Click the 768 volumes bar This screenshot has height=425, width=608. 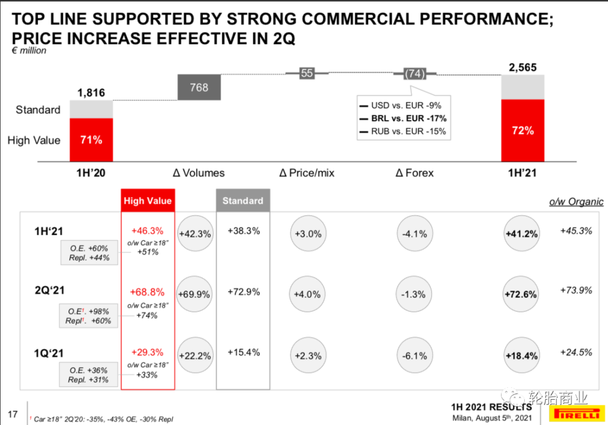pyautogui.click(x=199, y=88)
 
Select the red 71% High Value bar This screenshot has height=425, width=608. pyautogui.click(x=91, y=140)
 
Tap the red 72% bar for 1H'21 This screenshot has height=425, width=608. pyautogui.click(x=522, y=131)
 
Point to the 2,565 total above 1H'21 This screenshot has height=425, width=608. pyautogui.click(x=522, y=68)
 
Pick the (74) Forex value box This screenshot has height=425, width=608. pyautogui.click(x=415, y=74)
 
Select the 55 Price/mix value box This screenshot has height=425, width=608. pyautogui.click(x=307, y=73)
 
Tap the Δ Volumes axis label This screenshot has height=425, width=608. pyautogui.click(x=199, y=173)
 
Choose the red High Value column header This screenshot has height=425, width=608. pyautogui.click(x=147, y=201)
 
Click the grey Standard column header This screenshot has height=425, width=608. pyautogui.click(x=243, y=201)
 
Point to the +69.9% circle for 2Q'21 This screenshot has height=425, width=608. pyautogui.click(x=194, y=294)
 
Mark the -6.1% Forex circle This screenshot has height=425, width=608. pyautogui.click(x=415, y=356)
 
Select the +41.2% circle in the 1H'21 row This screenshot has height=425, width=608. pyautogui.click(x=521, y=234)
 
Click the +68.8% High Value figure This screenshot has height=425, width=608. pyautogui.click(x=147, y=292)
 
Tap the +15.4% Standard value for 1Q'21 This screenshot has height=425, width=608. pyautogui.click(x=244, y=352)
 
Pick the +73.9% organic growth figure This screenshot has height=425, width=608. pyautogui.click(x=576, y=290)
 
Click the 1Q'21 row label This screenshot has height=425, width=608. pyautogui.click(x=50, y=354)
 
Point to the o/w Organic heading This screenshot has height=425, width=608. pyautogui.click(x=576, y=202)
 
